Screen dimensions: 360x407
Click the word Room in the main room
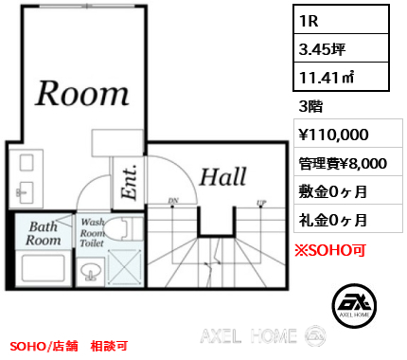click(81, 93)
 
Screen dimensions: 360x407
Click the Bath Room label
click(44, 234)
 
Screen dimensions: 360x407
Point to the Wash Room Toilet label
click(93, 233)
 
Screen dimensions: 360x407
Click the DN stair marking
click(173, 201)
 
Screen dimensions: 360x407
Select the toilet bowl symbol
click(119, 227)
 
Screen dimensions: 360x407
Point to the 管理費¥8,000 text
click(342, 163)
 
